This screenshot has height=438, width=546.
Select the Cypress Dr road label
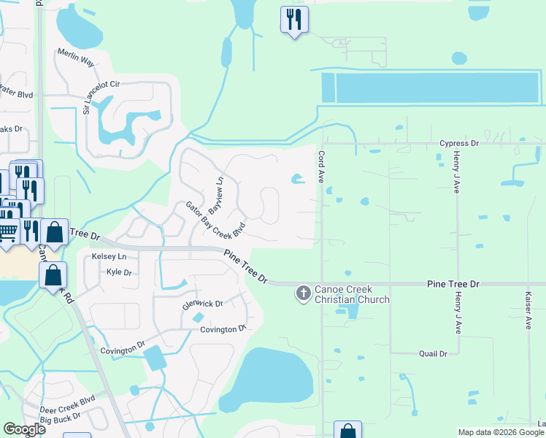click(458, 144)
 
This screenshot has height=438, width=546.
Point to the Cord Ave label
click(320, 166)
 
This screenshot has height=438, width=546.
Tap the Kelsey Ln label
click(109, 257)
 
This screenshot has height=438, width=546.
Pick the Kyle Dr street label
click(118, 272)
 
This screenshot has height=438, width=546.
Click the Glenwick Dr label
click(202, 303)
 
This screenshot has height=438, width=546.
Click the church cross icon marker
click(302, 293)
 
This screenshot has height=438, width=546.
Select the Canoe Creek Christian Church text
click(352, 294)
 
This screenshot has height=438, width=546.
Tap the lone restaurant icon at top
click(294, 20)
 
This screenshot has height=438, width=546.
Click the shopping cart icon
click(8, 231)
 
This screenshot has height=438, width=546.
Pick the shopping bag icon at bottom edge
click(347, 431)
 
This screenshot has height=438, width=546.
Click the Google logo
click(24, 429)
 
